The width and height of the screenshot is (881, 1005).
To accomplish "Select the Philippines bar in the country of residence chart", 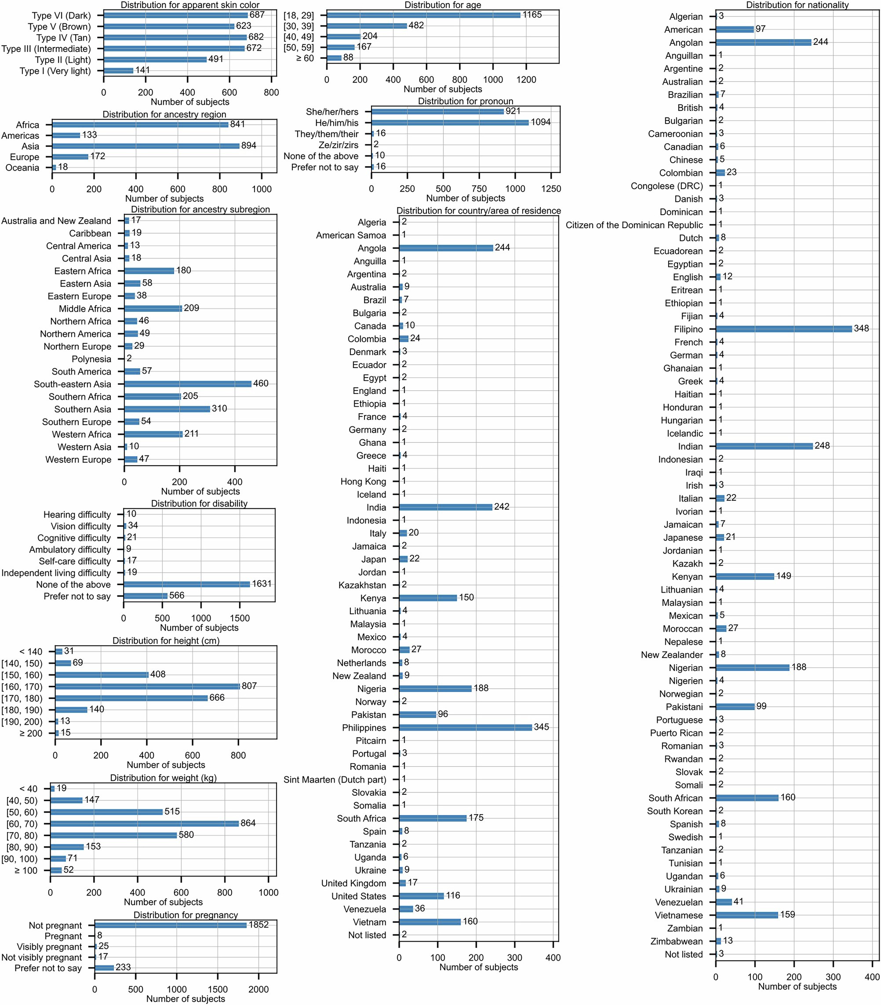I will pos(465,727).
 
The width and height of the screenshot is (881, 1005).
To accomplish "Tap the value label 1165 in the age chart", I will pos(532,15).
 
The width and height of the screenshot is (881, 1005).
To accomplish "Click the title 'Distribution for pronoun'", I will pos(465,101).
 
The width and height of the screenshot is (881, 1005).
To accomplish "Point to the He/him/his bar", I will pos(449,122).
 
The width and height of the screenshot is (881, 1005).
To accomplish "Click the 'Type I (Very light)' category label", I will pos(55,71).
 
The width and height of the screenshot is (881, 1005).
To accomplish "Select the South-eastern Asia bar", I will pos(187,383).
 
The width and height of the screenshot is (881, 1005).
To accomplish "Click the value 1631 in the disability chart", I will pos(262,584).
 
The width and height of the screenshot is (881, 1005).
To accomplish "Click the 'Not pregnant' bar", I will pos(170,925).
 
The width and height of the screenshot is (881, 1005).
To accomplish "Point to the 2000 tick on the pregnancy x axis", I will pos(258,989).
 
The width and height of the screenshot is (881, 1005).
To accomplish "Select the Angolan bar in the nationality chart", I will pos(763,43).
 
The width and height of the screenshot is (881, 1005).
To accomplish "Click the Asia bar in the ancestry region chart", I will pos(146,146).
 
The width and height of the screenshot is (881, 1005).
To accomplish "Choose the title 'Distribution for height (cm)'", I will pos(166,641).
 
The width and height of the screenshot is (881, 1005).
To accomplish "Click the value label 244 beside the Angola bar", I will pos(502,248).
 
